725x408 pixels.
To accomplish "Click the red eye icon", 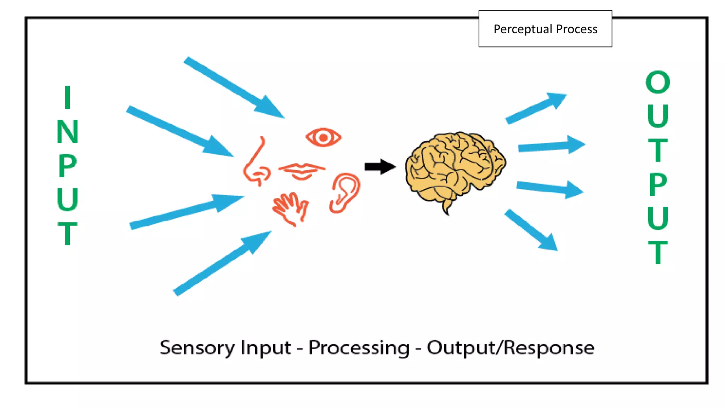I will [x=323, y=137].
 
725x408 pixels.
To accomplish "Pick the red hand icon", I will [x=291, y=209].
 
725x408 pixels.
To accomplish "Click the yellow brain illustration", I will [x=455, y=166].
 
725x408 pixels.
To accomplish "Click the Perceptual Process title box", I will [x=545, y=29].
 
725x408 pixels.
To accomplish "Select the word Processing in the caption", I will [x=359, y=348].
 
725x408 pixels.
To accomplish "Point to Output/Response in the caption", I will [x=510, y=348].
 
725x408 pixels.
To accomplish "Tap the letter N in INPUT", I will [x=67, y=132].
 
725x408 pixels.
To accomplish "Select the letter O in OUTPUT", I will [x=658, y=82].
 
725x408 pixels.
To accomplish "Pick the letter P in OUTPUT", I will [x=658, y=184].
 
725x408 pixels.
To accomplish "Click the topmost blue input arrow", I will [x=234, y=87].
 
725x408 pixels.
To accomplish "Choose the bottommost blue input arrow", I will [x=223, y=263].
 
